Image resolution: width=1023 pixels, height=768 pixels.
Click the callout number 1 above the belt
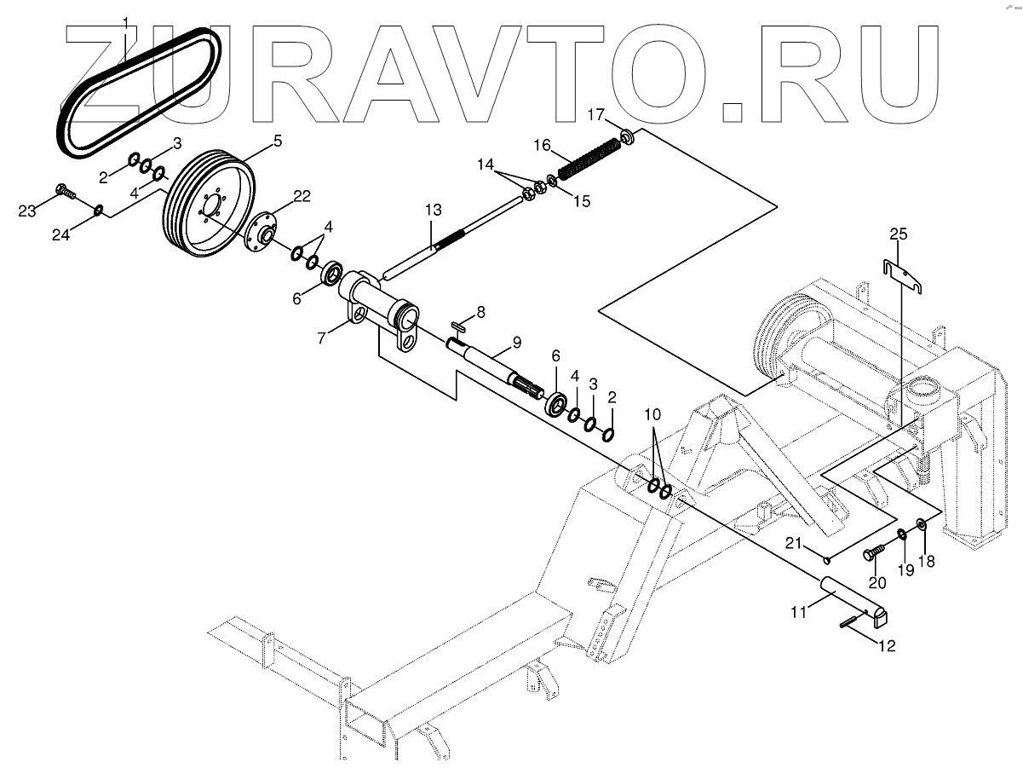click(x=126, y=20)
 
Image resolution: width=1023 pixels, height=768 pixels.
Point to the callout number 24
click(x=60, y=235)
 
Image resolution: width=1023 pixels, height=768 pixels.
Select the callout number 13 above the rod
click(x=433, y=210)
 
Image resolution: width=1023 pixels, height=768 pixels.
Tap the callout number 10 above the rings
click(x=652, y=414)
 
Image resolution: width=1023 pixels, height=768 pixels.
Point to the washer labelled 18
click(x=922, y=524)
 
